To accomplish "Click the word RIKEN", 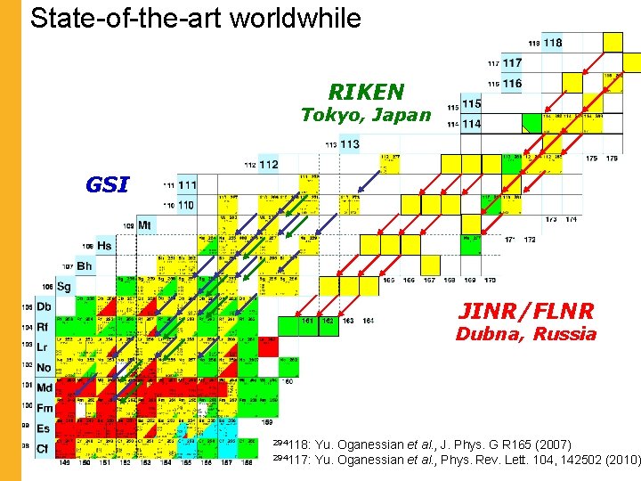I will [x=366, y=92].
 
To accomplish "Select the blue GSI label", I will [x=107, y=185].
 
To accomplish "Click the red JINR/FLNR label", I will [x=525, y=311].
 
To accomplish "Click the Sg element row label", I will [x=63, y=287].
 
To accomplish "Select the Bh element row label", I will [x=84, y=266].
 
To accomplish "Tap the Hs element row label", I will [x=105, y=245].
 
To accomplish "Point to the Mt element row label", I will [x=144, y=225].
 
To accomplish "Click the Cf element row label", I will [x=43, y=448].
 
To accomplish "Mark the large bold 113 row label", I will [x=350, y=143].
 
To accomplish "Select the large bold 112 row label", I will [x=268, y=165].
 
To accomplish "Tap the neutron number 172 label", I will [x=531, y=240].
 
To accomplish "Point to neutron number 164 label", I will [x=368, y=321].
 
